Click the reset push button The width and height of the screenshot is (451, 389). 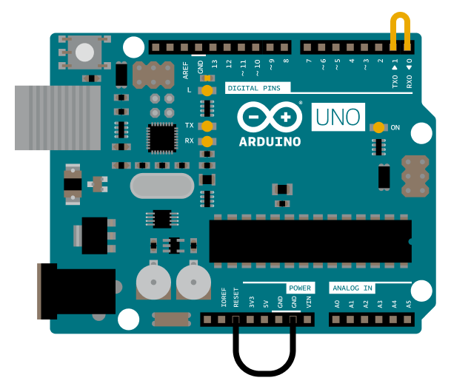pos(84,53)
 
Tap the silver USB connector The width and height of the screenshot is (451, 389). pos(58,118)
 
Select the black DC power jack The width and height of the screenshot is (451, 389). pos(76,291)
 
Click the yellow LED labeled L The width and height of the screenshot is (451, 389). pos(207,90)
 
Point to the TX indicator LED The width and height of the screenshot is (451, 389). pos(207,126)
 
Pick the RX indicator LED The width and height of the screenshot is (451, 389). pos(207,141)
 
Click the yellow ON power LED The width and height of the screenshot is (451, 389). pos(378,127)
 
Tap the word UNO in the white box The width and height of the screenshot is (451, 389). pos(338,117)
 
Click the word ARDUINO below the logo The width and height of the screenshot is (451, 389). pos(270,142)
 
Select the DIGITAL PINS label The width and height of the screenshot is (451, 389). pos(254,88)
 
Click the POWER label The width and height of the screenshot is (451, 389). pos(300,288)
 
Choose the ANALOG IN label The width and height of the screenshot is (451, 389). pos(353,288)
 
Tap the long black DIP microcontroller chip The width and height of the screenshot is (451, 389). pos(310,241)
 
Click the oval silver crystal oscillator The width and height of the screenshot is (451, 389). pos(162,186)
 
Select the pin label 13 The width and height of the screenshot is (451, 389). pos(215,64)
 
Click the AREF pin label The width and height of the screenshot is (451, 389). pos(186,70)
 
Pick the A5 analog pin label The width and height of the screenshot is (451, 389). pos(409,304)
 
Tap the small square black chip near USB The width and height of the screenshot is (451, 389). pos(162,138)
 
